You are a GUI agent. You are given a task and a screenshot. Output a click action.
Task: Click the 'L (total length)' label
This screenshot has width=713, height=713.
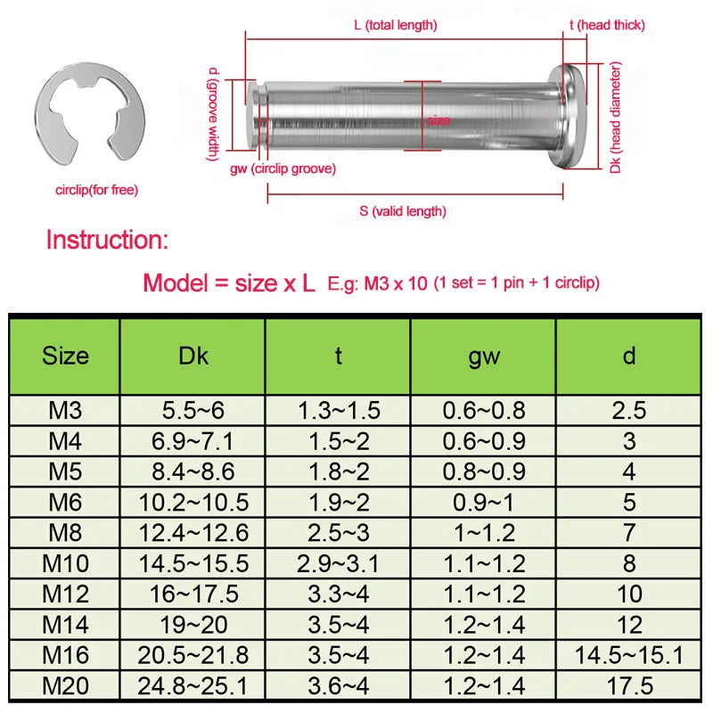coord(395,26)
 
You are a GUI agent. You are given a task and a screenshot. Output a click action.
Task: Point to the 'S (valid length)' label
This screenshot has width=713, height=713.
coord(403,211)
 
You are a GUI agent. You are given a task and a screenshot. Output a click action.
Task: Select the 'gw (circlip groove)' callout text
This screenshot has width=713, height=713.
coord(283,168)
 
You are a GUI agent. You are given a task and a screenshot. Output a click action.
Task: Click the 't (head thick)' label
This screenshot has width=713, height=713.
coord(607,26)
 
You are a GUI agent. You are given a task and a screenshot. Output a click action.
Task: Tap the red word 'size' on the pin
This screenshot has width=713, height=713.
coord(438,120)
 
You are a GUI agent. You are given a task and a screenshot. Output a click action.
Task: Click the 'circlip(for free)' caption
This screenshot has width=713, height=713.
coord(96,190)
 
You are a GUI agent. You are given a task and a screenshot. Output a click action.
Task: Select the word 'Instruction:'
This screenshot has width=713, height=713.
coord(106,240)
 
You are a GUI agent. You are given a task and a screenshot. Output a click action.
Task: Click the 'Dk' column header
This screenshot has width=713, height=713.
coord(193,356)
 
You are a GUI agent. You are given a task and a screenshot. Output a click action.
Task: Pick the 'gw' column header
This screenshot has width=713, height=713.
coord(484,356)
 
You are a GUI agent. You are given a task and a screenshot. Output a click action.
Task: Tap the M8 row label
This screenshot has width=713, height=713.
coord(65,533)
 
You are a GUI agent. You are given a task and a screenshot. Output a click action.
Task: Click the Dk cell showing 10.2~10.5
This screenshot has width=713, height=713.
coord(193,503)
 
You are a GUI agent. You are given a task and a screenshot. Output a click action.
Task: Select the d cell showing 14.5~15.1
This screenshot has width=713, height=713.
coord(629,655)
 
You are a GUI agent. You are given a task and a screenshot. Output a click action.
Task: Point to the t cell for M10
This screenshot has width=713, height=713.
coord(339,564)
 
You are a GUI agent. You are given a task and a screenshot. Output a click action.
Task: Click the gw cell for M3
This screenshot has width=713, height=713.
coord(484,411)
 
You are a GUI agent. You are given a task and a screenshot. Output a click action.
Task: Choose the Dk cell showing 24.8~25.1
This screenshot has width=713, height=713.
coord(193,685)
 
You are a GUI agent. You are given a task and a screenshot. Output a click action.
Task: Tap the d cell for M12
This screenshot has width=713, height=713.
coord(629,594)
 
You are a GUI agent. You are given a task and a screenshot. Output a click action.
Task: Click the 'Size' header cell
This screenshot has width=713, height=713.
coord(65,356)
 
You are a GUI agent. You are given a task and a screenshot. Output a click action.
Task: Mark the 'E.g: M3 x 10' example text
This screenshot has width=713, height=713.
coord(379,283)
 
